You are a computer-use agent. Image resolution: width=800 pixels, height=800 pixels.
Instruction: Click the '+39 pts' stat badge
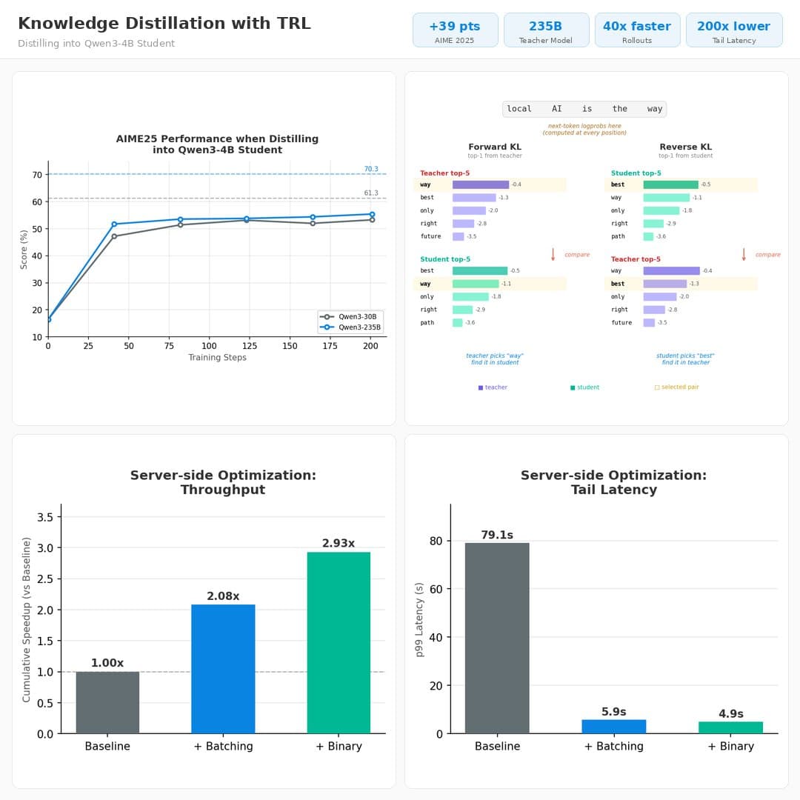(455, 30)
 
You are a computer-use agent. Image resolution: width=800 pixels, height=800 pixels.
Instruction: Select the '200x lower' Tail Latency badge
(733, 30)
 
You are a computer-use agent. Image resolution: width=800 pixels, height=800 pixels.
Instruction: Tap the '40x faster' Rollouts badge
(637, 30)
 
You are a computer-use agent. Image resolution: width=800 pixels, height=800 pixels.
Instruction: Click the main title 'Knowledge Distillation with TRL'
(164, 24)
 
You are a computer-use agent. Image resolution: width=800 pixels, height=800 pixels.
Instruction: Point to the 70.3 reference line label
(371, 169)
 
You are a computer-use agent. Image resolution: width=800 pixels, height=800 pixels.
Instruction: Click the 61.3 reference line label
(371, 193)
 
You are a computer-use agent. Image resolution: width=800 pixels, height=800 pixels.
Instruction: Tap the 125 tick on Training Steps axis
(250, 346)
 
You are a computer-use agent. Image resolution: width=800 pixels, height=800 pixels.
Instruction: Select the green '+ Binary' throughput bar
(339, 642)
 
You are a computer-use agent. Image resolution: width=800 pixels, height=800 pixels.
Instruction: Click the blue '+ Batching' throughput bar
(223, 669)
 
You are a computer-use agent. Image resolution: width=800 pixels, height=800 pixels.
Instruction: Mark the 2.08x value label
(223, 596)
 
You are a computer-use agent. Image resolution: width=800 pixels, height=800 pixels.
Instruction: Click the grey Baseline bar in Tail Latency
(497, 638)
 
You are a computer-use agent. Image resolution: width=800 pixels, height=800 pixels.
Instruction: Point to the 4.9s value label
(730, 714)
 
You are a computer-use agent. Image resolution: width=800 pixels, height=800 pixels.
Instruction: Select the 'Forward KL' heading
(495, 147)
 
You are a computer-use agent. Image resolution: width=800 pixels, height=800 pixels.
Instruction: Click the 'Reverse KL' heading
(685, 147)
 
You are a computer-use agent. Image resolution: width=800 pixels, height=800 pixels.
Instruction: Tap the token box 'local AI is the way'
(584, 109)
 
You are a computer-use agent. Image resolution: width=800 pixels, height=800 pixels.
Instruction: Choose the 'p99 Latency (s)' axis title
(419, 619)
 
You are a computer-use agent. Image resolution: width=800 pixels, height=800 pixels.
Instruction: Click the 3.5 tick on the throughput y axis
(44, 517)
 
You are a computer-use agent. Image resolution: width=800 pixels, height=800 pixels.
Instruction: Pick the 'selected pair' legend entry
(676, 387)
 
